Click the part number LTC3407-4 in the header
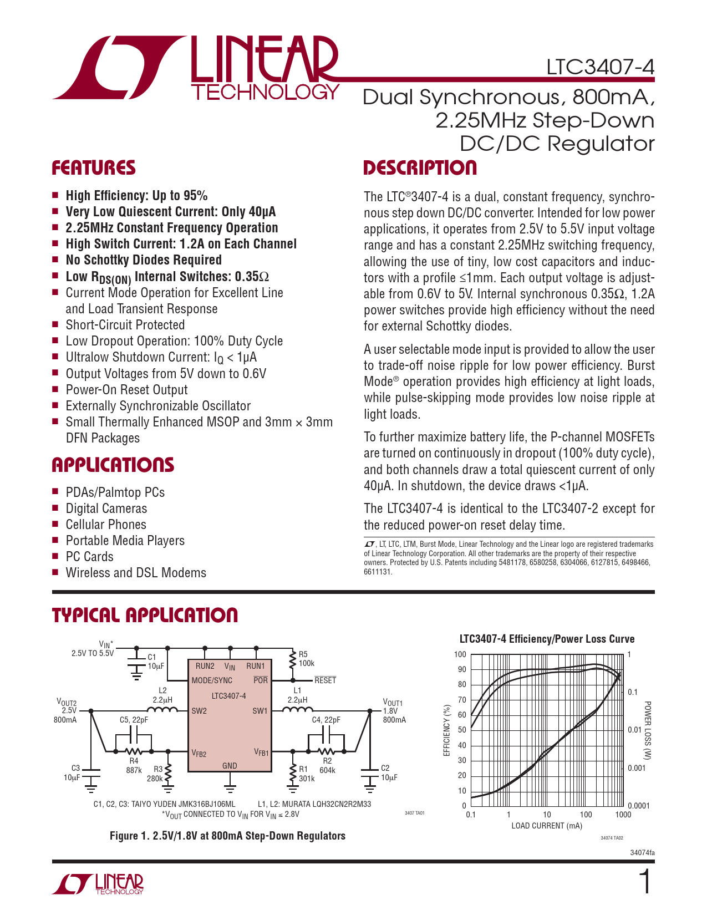click(600, 67)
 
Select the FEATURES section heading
click(94, 167)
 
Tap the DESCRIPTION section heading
click(420, 167)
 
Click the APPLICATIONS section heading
click(113, 465)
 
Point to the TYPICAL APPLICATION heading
click(145, 615)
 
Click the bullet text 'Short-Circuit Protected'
click(125, 325)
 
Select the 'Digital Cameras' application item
click(106, 509)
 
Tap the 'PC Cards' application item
click(89, 557)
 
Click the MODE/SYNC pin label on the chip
click(212, 680)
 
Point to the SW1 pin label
click(260, 711)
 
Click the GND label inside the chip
click(230, 766)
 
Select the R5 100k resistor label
click(306, 659)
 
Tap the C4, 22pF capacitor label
click(326, 720)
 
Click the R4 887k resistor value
click(134, 770)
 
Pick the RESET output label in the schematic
click(325, 680)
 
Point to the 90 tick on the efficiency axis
click(461, 669)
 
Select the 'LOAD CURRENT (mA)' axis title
click(546, 826)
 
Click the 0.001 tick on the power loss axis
click(637, 768)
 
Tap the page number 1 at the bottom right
click(645, 882)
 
